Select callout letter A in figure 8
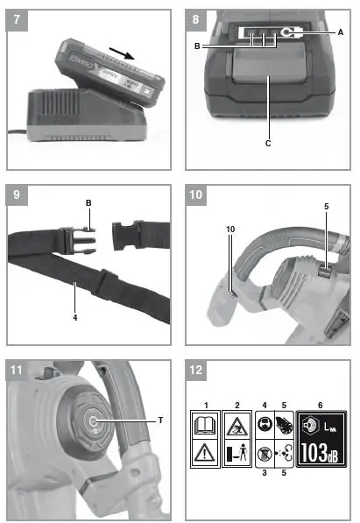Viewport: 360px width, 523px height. pos(340,31)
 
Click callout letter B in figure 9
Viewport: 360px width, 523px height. pos(88,203)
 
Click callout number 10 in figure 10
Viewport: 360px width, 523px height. pos(229,229)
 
